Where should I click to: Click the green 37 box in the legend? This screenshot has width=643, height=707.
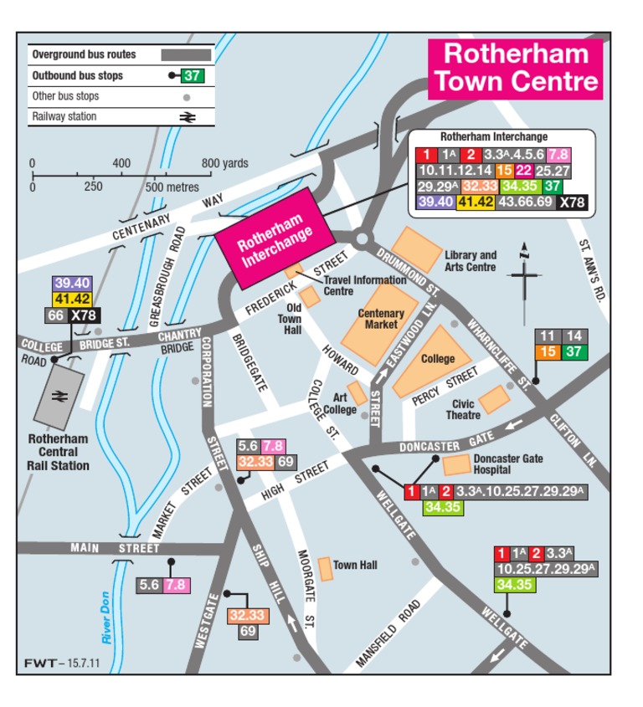(193, 76)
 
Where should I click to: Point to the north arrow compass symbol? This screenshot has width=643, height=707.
(525, 273)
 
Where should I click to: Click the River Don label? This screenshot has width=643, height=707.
(106, 618)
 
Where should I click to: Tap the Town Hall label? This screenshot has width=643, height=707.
(355, 566)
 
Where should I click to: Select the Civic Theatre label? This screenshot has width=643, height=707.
(463, 409)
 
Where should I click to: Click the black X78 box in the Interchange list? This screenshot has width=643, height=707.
(573, 202)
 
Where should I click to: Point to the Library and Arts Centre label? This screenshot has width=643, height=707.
(471, 261)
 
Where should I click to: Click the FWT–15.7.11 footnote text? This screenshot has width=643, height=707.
(56, 663)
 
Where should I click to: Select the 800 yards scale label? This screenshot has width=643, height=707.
(224, 163)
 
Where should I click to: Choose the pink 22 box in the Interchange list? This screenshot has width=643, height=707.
(525, 170)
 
